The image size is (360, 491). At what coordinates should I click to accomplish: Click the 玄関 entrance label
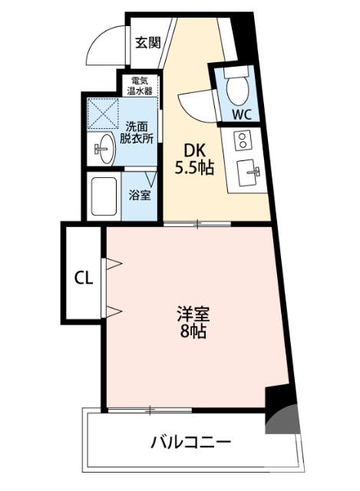click(x=147, y=43)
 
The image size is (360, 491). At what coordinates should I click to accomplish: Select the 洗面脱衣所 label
click(x=138, y=133)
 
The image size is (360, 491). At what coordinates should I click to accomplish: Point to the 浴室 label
click(x=139, y=195)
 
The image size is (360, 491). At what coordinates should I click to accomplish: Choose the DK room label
click(x=192, y=150)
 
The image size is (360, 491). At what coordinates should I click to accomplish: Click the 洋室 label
click(x=193, y=315)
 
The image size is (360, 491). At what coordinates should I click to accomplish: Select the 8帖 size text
click(x=193, y=332)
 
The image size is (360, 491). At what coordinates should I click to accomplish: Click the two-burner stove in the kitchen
click(x=243, y=141)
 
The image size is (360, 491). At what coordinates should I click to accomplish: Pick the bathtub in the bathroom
click(x=104, y=197)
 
